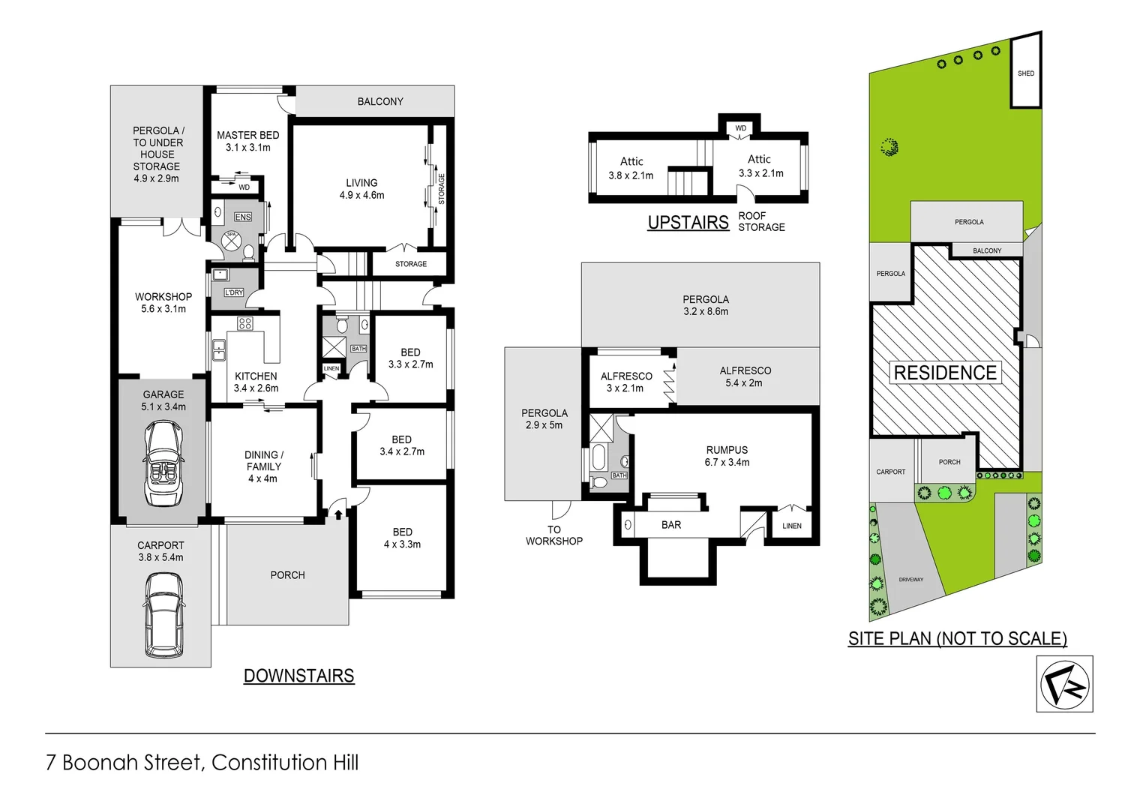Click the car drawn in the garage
coord(163,463)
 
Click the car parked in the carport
coord(163,615)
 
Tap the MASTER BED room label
coord(247,141)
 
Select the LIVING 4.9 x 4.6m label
coord(361,189)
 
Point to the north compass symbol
coord(1064,684)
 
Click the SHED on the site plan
coord(1026,73)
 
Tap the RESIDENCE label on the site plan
coord(945,373)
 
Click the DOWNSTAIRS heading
coord(298,676)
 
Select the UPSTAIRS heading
coord(688,223)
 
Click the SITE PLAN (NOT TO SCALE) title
coord(957,638)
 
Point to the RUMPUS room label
coord(727,456)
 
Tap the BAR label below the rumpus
coord(671,525)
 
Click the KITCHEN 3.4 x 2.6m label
coord(256,382)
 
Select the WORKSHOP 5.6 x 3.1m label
coord(163,302)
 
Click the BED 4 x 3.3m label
coord(402,538)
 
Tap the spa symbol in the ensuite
coord(231,240)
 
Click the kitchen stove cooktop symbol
coord(245,323)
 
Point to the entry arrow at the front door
coord(338,514)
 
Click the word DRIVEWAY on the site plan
coord(911,580)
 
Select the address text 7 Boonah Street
coord(124,763)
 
